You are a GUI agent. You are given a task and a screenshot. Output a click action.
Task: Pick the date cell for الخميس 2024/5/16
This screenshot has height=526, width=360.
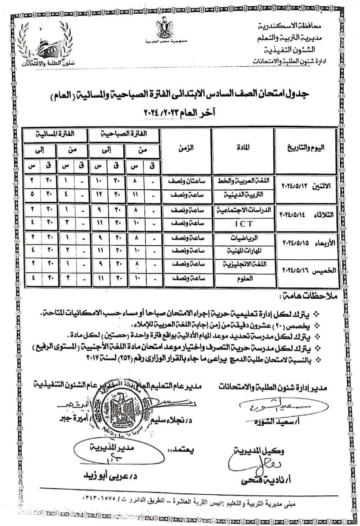305,270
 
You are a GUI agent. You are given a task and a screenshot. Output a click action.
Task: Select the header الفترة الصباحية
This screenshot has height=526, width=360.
125,134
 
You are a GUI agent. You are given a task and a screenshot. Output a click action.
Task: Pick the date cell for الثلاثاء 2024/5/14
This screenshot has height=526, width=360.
305,214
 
